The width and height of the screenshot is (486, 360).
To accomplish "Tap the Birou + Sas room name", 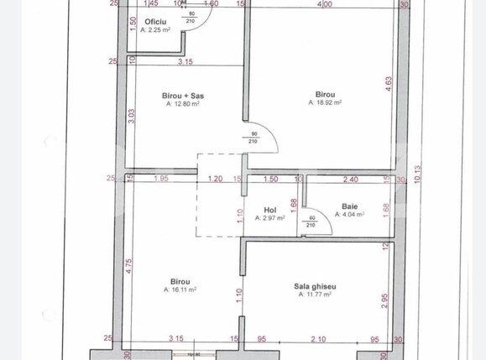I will pyautogui.click(x=183, y=96).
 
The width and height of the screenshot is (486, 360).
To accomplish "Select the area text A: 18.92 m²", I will pyautogui.click(x=327, y=103).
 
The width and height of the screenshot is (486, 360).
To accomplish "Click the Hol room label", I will pyautogui.click(x=270, y=211).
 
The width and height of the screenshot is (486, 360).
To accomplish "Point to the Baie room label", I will pyautogui.click(x=349, y=206).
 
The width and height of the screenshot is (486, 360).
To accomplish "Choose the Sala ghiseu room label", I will pyautogui.click(x=315, y=286).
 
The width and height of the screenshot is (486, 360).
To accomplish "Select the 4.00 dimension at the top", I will pyautogui.click(x=323, y=4).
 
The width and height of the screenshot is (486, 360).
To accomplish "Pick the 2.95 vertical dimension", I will pyautogui.click(x=385, y=301).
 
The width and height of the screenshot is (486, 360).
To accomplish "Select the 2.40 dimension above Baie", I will pyautogui.click(x=350, y=179).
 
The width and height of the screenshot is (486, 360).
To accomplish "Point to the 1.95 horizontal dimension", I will pyautogui.click(x=163, y=179).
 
